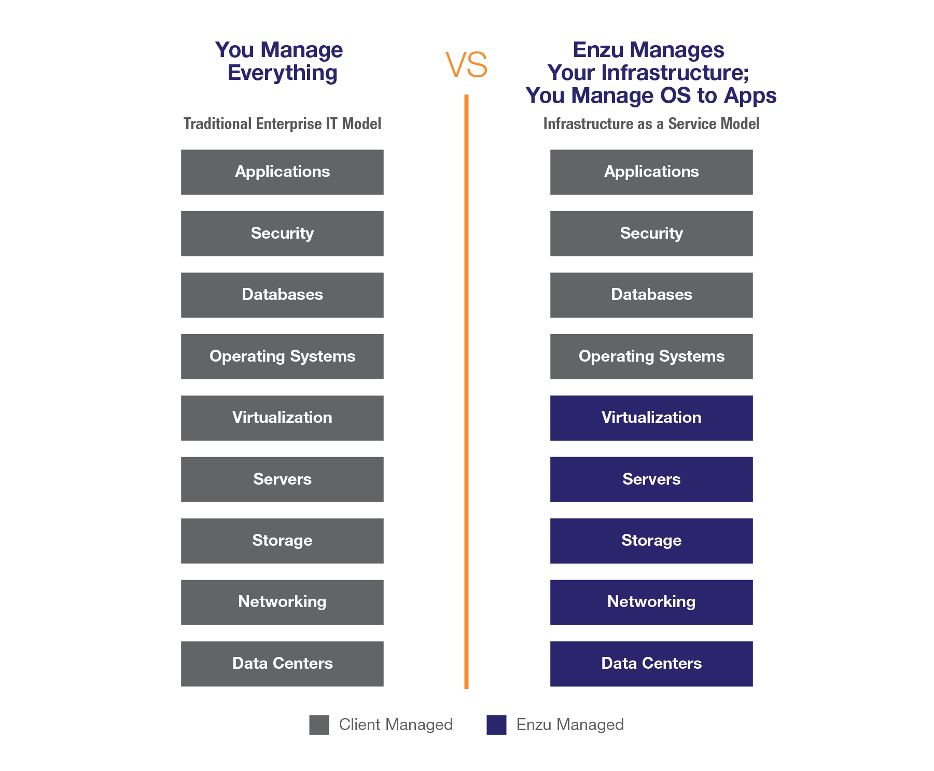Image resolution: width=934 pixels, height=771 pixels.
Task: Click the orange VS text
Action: coord(467,65)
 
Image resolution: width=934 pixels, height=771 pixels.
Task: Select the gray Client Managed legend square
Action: coord(319,725)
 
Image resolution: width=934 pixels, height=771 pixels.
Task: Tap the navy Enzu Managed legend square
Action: coord(496,725)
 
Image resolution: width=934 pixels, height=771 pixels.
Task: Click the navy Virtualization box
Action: coord(651,418)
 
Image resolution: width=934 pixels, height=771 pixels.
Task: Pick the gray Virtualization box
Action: coord(282,418)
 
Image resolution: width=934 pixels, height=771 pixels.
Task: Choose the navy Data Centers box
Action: coord(651,664)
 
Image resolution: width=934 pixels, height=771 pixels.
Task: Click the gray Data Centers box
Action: coord(282,664)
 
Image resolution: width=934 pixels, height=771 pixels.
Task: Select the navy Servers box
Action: coord(651,479)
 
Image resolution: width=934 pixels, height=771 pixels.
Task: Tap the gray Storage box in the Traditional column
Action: coord(282,541)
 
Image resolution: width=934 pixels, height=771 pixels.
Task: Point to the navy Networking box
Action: coord(651,602)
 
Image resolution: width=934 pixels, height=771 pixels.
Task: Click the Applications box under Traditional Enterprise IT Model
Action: coord(282,172)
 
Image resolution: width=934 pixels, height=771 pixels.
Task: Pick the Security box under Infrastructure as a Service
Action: coord(651,233)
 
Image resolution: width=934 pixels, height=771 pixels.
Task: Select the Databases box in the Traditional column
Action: coord(282,295)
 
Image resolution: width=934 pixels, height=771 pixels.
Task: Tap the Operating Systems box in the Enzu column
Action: coord(651,356)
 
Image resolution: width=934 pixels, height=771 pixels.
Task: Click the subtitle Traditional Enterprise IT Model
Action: coord(282,124)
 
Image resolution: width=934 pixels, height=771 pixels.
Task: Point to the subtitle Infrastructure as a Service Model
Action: coord(651,124)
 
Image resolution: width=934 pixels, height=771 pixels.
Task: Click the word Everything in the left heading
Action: coord(282,73)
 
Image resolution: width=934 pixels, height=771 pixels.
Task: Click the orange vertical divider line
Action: coord(467,392)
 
